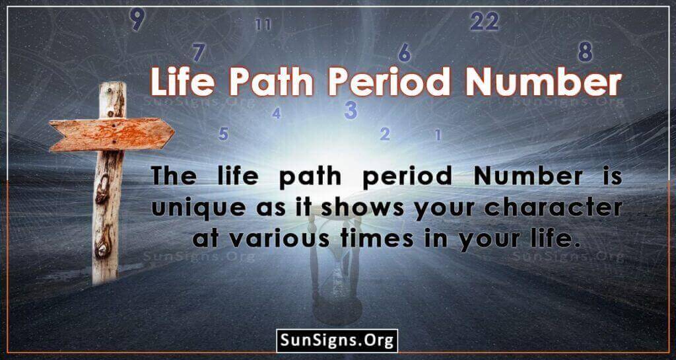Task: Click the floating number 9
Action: coord(137,20)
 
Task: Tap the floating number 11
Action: coord(263,25)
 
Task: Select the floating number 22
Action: coord(484,21)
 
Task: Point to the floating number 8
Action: coord(584,51)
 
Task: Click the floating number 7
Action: coord(199,52)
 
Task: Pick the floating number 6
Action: coord(405,52)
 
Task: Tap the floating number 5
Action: coord(223,134)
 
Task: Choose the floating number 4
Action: coord(276,114)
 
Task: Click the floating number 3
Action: coord(351,110)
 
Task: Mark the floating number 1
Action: coord(437,135)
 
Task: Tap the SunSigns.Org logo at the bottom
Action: coord(337,341)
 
